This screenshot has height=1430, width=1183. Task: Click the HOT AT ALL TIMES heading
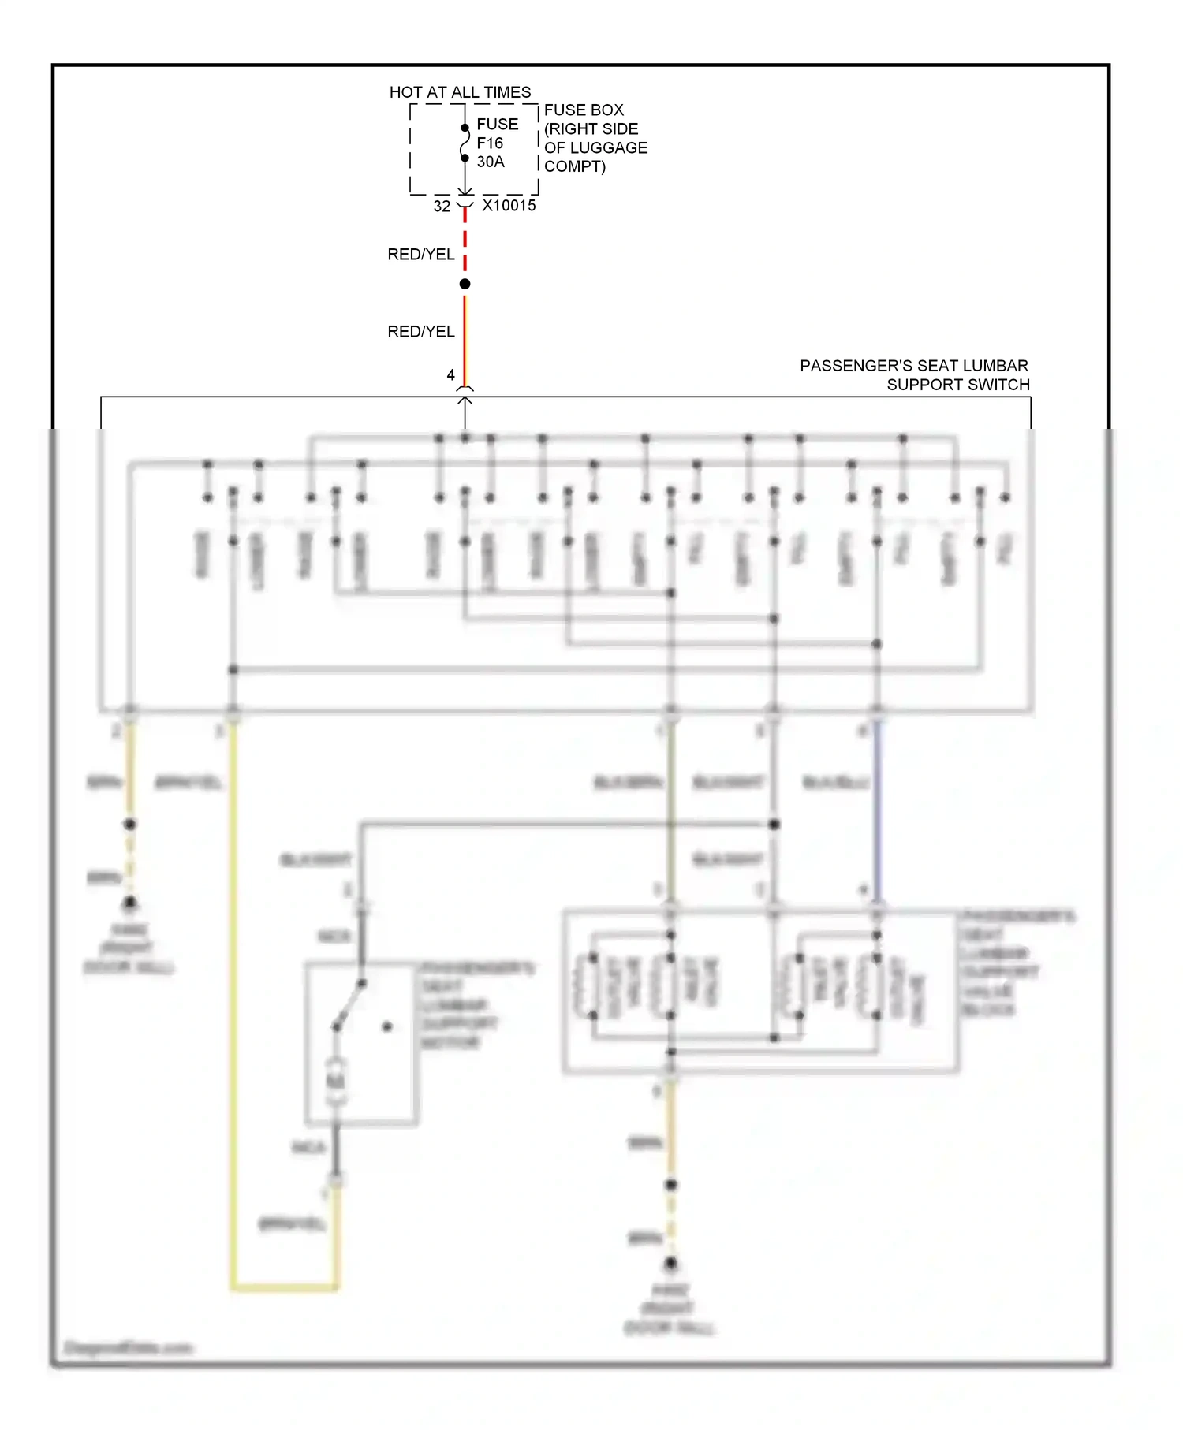click(460, 92)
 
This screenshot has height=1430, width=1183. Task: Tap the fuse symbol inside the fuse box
click(465, 143)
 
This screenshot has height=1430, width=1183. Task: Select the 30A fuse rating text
click(490, 162)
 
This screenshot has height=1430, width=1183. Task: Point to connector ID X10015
click(509, 206)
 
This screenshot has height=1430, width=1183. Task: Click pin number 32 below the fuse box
click(442, 207)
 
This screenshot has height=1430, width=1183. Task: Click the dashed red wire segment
click(465, 240)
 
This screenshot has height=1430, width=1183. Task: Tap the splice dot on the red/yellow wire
click(465, 284)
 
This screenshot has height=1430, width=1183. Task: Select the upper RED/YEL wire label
click(420, 255)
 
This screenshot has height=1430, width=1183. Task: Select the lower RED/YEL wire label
click(420, 332)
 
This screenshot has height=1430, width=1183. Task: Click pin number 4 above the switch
click(450, 375)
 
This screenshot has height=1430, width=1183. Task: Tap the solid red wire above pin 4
click(465, 339)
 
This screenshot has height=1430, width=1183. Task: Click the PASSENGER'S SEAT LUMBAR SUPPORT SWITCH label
click(915, 375)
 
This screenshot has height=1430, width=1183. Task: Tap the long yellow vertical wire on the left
click(233, 985)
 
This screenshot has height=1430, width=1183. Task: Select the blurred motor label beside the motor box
click(473, 1005)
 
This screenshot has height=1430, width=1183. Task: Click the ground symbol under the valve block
click(670, 1264)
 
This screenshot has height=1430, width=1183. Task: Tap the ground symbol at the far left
click(130, 903)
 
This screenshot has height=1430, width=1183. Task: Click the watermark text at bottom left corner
click(128, 1348)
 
